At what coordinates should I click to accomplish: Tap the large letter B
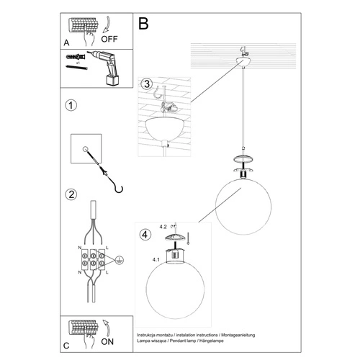pos(143,24)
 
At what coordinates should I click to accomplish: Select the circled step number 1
pos(71,107)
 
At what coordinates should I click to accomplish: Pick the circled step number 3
pos(146,86)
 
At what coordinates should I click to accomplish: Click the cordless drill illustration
pos(105,67)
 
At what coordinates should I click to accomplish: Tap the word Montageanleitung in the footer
pos(246,336)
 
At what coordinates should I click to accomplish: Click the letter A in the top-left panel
pos(66,42)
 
